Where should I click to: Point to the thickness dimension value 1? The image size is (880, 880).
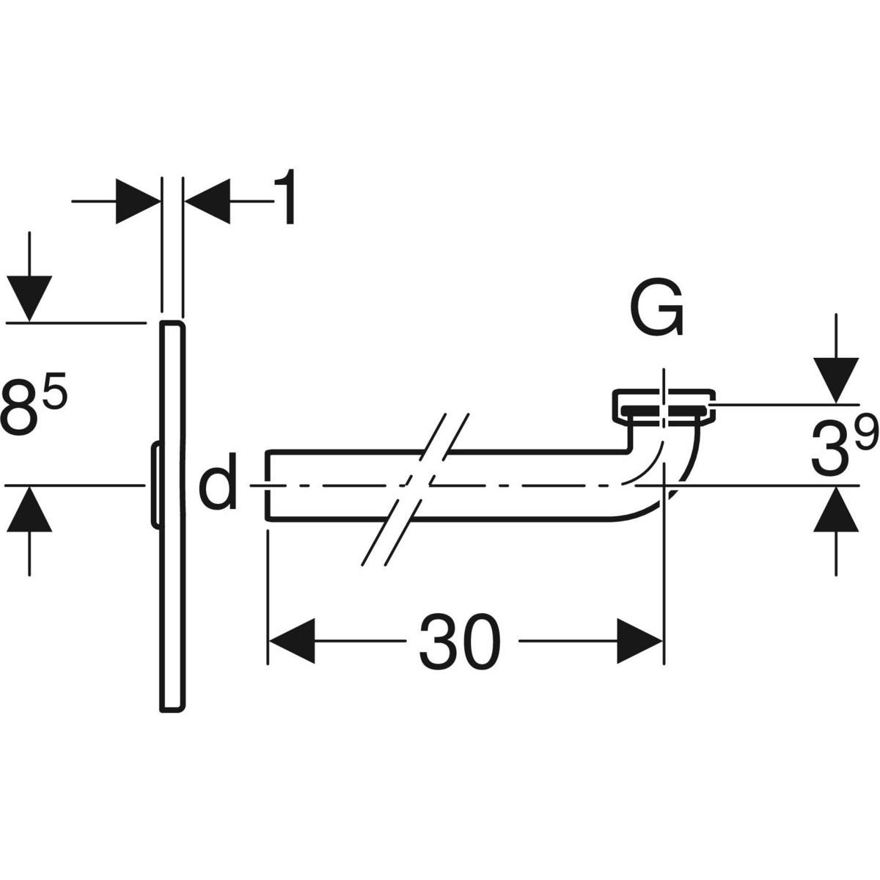pos(285,200)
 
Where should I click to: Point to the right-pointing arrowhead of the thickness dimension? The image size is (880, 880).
pos(138,199)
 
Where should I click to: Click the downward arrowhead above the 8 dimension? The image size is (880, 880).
pos(29,298)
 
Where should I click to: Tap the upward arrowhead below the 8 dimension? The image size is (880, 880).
pos(29,508)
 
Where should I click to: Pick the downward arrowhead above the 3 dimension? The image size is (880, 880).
pos(835,378)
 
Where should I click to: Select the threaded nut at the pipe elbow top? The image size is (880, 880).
pos(663,406)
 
